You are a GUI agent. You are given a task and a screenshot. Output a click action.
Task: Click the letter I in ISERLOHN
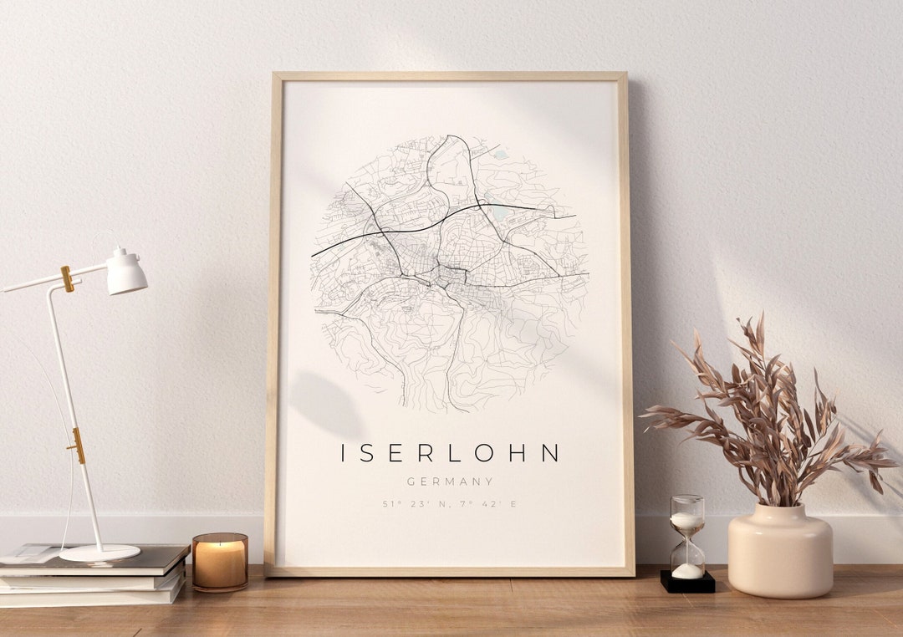coord(344,453)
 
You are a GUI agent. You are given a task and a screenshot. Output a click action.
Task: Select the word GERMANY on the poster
coord(450,482)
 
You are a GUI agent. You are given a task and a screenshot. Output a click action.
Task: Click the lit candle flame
coord(220,543)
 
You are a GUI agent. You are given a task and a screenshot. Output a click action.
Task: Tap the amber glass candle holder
coord(220,562)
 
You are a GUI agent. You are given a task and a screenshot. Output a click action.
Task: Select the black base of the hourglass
coord(687,582)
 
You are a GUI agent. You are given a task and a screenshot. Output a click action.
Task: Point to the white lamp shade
coord(127,273)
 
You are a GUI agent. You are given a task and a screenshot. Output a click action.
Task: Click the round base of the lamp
coord(99,553)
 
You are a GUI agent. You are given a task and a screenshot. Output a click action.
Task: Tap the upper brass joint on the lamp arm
coord(67,278)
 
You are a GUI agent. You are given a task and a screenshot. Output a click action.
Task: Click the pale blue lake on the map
coord(500,213)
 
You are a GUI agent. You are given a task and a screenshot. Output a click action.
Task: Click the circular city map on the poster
coord(450,272)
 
